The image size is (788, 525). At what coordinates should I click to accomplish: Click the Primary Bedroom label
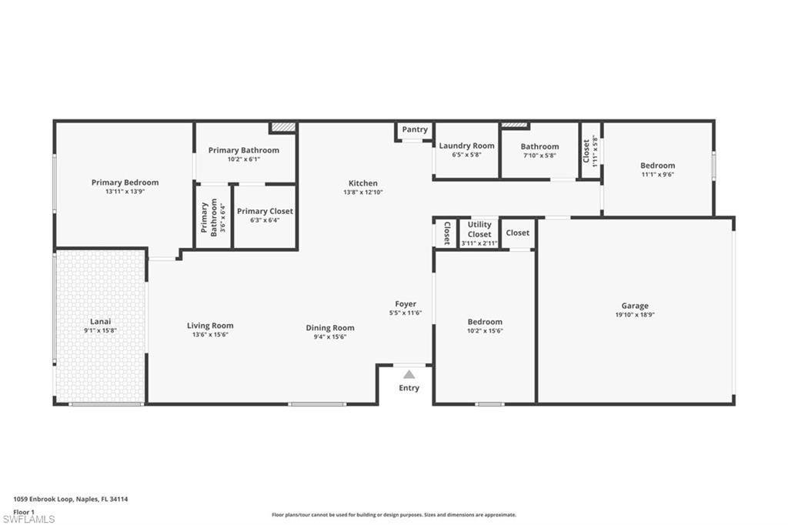pos(125,182)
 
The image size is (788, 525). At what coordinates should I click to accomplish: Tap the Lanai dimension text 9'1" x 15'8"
pos(100,330)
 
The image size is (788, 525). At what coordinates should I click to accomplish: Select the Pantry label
pos(415,129)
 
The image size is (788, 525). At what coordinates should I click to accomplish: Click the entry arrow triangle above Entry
pos(409,374)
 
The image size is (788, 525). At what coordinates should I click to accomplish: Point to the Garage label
pos(635,306)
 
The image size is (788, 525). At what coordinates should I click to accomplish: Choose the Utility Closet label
pos(479,229)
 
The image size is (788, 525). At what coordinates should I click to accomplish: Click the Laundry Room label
pos(466,145)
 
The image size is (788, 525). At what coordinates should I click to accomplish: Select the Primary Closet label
pos(265,211)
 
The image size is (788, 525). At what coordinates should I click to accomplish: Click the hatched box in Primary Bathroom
pos(282,127)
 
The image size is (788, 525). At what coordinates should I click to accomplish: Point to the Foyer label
pos(406,304)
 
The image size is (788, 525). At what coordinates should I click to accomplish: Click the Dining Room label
pos(330,328)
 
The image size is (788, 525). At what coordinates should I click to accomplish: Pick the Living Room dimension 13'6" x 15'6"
pos(210,335)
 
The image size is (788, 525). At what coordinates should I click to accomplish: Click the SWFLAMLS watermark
pos(28,519)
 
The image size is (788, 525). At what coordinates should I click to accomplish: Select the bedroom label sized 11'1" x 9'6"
pos(657,166)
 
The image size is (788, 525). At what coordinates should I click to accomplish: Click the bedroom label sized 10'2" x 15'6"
pos(485,322)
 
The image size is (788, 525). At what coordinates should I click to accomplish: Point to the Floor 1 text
pos(25,511)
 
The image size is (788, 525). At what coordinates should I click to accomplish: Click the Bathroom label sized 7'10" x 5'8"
pos(539,146)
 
